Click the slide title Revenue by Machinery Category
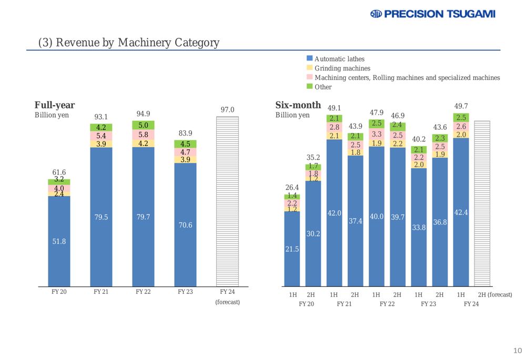pos(128,42)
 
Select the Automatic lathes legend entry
pos(339,58)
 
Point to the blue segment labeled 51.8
pos(59,241)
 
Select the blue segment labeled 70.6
pos(185,225)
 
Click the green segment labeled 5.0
pos(143,125)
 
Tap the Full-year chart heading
pos(54,105)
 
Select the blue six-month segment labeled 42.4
pos(461,212)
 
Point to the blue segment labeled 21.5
pos(292,249)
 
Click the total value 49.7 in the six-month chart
pos(461,106)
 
